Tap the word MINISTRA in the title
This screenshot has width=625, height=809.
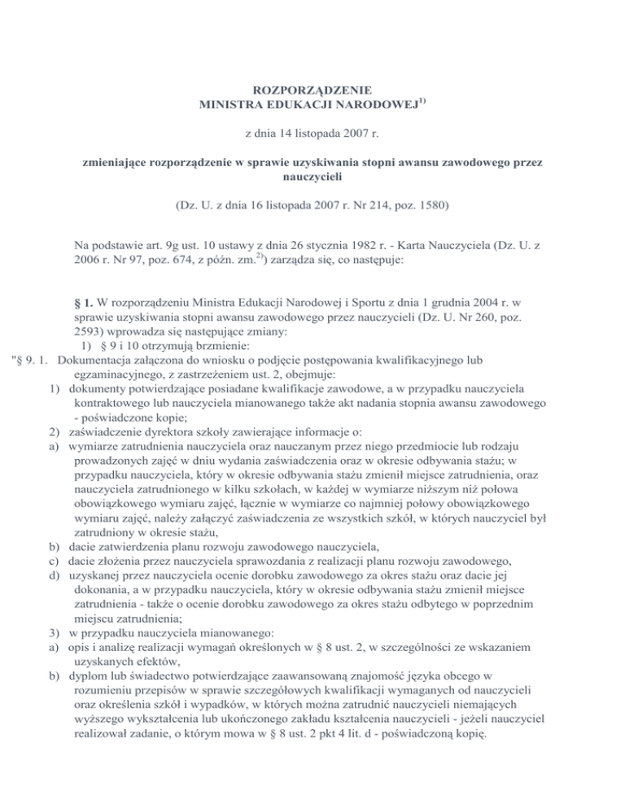(x=231, y=104)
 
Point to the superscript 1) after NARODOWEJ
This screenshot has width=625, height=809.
(x=423, y=100)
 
